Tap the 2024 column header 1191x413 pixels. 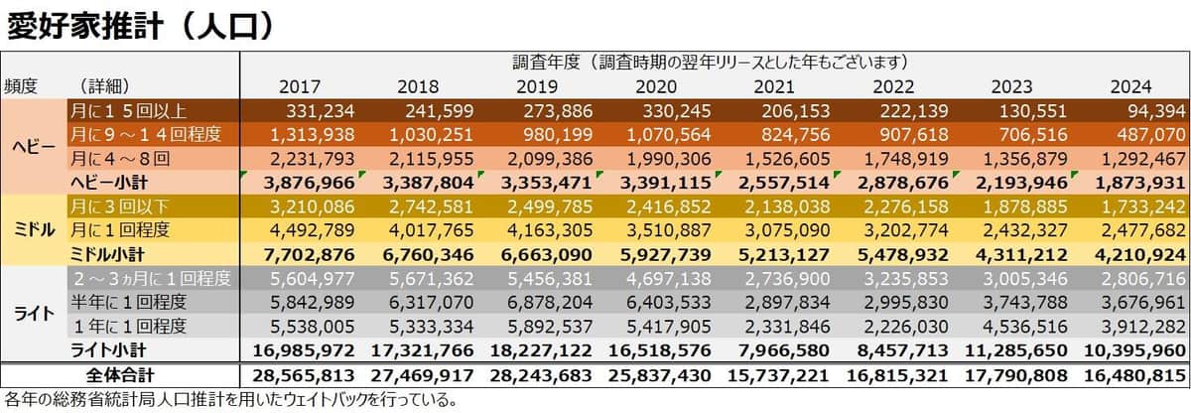coord(1130,86)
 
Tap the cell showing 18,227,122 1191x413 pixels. coord(540,349)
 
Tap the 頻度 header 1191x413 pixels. coord(22,86)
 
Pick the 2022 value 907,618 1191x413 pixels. coord(911,134)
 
